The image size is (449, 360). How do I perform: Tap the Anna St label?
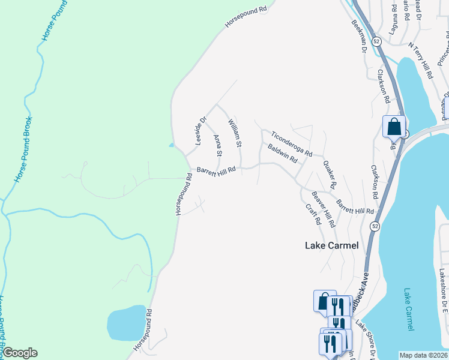pyautogui.click(x=218, y=146)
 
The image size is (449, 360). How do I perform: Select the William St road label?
pyautogui.click(x=234, y=133)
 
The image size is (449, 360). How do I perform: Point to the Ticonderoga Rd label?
pyautogui.click(x=291, y=144)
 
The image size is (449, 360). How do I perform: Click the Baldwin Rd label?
pyautogui.click(x=283, y=154)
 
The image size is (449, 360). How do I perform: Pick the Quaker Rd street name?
pyautogui.click(x=330, y=173)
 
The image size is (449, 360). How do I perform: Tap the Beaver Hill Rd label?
pyautogui.click(x=323, y=209)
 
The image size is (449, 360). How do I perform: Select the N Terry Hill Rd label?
pyautogui.click(x=420, y=61)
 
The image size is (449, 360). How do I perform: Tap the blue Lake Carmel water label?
pyautogui.click(x=408, y=309)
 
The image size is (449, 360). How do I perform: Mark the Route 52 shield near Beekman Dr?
pyautogui.click(x=376, y=41)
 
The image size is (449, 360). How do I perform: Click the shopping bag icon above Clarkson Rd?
pyautogui.click(x=394, y=127)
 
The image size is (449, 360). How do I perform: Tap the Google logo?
pyautogui.click(x=20, y=353)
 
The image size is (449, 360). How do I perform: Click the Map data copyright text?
pyautogui.click(x=423, y=355)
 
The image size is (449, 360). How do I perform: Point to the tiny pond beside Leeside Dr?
pyautogui.click(x=172, y=145)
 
